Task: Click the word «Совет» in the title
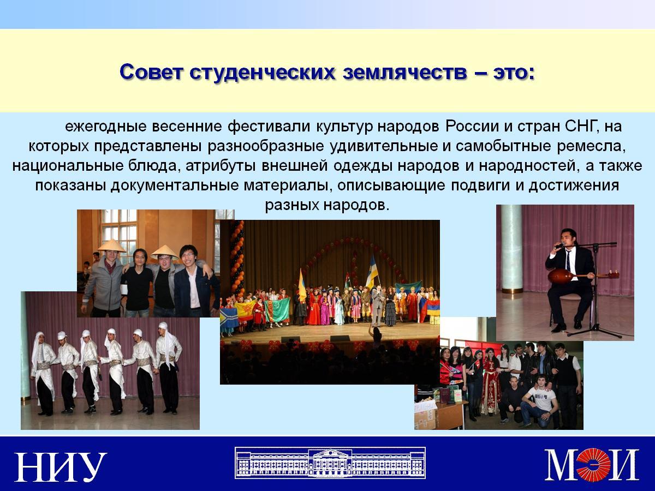click(151, 72)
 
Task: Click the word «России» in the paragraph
click(472, 127)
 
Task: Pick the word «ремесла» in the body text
click(591, 147)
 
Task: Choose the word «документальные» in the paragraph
click(175, 186)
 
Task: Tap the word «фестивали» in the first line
click(269, 127)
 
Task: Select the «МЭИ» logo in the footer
click(592, 465)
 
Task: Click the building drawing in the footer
click(330, 463)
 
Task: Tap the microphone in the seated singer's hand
click(558, 246)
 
